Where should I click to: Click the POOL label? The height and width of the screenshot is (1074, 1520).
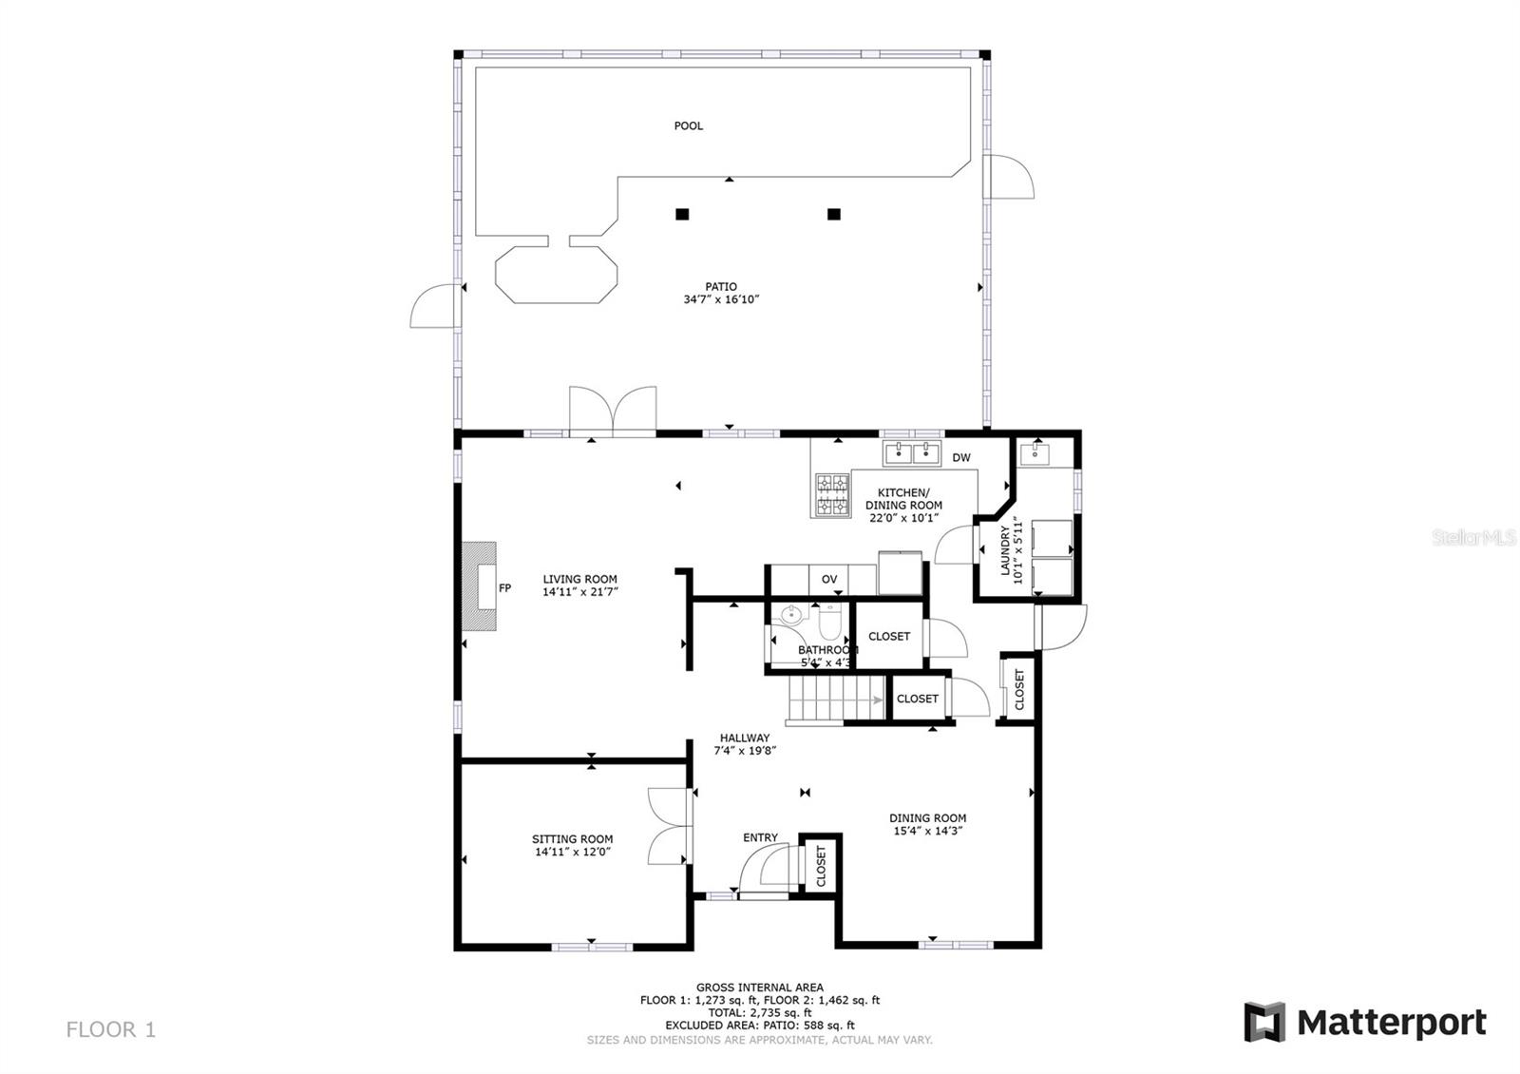click(688, 125)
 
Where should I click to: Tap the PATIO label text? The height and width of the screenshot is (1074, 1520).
click(721, 286)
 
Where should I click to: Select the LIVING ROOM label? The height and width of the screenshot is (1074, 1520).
click(579, 579)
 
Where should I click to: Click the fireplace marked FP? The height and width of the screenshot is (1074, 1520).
click(479, 586)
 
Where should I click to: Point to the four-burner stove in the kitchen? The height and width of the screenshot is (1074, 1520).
click(832, 495)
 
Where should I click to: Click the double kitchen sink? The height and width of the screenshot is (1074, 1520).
click(912, 452)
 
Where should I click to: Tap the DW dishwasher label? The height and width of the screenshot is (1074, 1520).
click(960, 457)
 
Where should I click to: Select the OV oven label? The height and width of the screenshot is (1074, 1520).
click(829, 579)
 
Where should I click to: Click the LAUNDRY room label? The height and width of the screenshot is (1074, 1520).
click(1006, 550)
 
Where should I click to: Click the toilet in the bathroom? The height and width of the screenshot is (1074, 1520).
click(830, 622)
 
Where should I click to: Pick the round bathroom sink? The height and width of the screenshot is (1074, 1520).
click(791, 615)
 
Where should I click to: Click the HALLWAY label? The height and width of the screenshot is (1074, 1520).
click(745, 738)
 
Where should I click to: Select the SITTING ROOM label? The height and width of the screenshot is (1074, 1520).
click(572, 839)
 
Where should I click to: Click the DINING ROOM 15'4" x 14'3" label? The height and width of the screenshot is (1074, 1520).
click(927, 824)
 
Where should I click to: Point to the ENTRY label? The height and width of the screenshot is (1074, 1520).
click(760, 837)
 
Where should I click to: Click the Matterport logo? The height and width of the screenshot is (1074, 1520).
click(1365, 1022)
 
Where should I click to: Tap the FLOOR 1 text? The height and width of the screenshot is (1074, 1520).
click(110, 1030)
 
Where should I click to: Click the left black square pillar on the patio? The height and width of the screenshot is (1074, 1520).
click(682, 214)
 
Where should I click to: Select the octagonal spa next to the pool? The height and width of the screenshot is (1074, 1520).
click(557, 275)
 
